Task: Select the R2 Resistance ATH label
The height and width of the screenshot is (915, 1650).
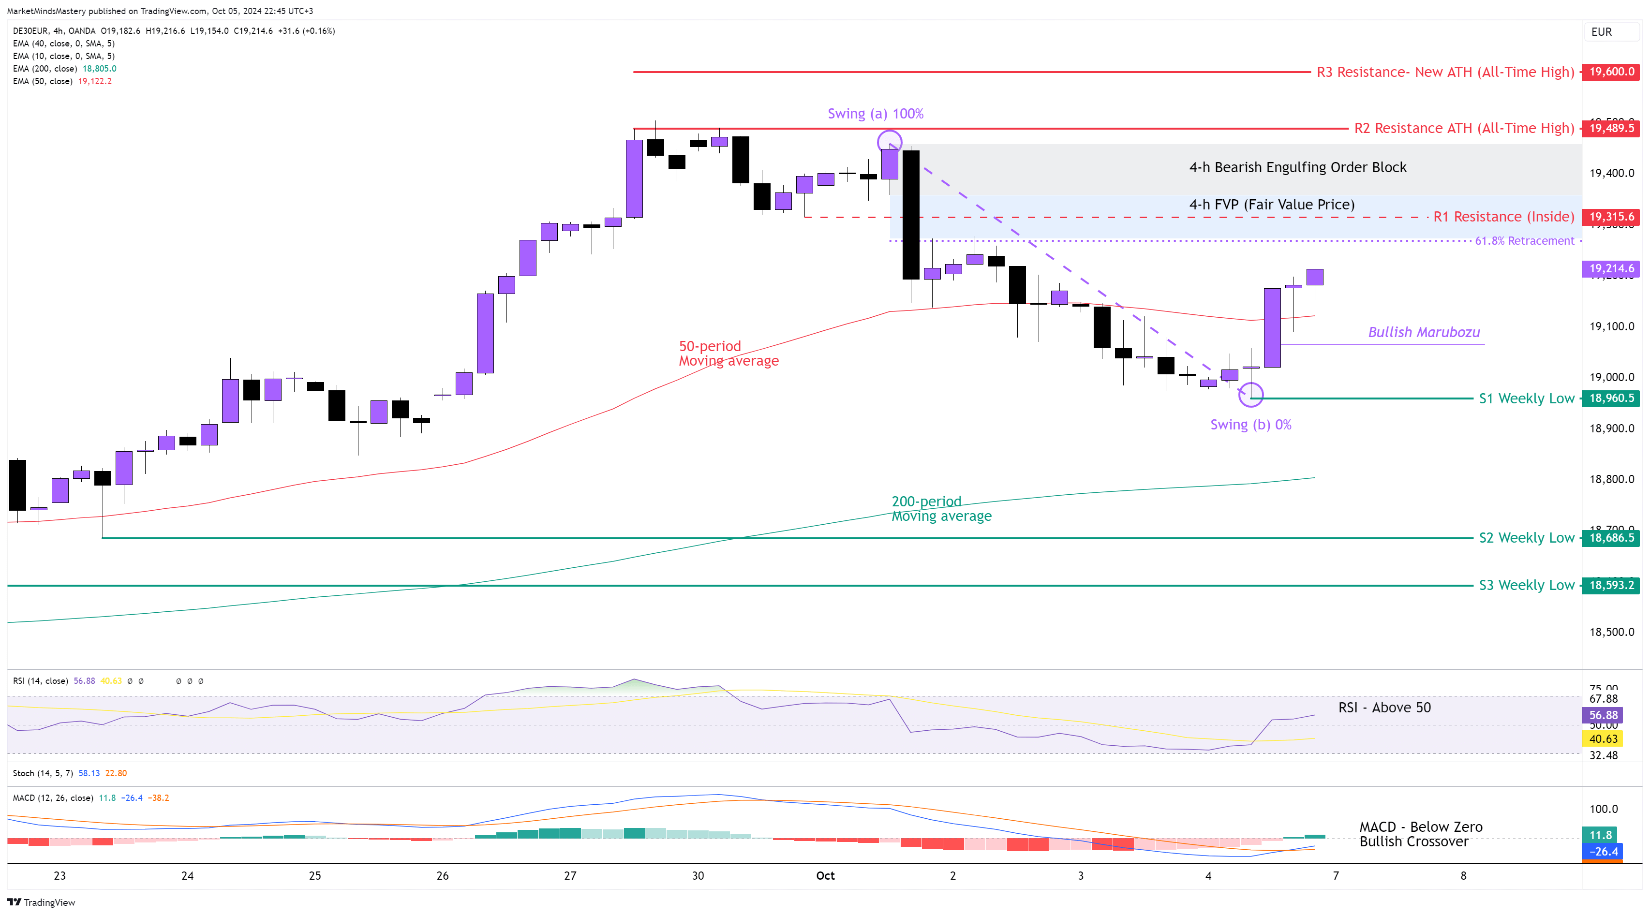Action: [1464, 128]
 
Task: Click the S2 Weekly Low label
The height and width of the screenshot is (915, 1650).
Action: [1526, 538]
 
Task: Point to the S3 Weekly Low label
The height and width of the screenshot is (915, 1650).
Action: [1526, 585]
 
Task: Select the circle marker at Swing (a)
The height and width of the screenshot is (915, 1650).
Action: [890, 142]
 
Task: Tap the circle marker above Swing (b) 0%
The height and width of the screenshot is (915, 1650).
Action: [1251, 395]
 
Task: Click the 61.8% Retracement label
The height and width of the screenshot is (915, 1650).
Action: [1524, 241]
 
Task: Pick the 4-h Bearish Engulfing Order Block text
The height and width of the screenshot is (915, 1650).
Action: [1298, 168]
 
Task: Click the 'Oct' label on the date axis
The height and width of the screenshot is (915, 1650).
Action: [825, 876]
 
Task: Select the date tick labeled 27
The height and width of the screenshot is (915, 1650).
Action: [570, 876]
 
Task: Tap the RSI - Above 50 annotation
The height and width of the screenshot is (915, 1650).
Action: [1384, 708]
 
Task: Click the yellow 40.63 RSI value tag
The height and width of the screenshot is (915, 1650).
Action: [1603, 739]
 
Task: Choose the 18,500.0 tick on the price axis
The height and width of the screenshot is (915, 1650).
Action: [1612, 632]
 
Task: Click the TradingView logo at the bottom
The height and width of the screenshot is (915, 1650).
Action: [42, 902]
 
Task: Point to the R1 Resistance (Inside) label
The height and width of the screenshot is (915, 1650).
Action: [1503, 217]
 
